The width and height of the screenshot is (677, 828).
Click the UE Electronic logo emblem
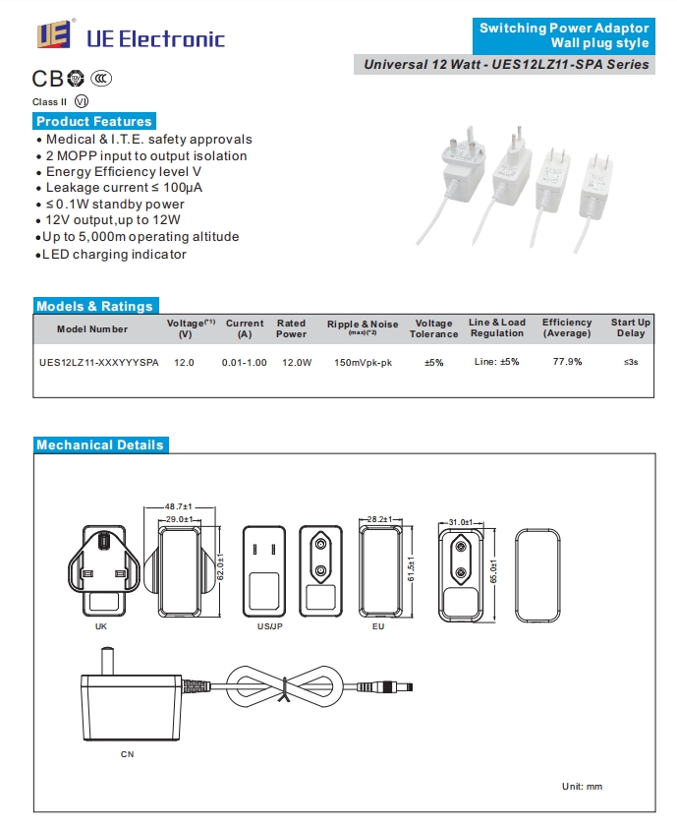click(54, 34)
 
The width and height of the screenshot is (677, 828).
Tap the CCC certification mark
click(101, 79)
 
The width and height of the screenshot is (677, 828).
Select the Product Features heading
click(94, 121)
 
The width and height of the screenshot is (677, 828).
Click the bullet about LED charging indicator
click(111, 255)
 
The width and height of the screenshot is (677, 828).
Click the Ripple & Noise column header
click(363, 326)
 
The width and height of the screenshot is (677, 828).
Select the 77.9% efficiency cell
click(567, 362)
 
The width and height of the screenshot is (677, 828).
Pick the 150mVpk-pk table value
click(363, 363)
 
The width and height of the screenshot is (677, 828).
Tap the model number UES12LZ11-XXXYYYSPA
click(98, 363)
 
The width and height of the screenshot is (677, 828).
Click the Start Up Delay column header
click(631, 327)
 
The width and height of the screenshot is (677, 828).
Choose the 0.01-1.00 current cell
click(245, 363)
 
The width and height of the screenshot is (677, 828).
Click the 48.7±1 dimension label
click(179, 506)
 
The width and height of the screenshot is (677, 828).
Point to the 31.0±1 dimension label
click(461, 522)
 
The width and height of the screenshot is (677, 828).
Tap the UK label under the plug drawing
click(101, 626)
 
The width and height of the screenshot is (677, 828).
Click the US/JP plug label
click(270, 626)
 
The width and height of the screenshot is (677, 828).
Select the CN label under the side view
click(127, 754)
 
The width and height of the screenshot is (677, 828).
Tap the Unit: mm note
click(582, 787)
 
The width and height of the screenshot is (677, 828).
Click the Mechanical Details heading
click(100, 444)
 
